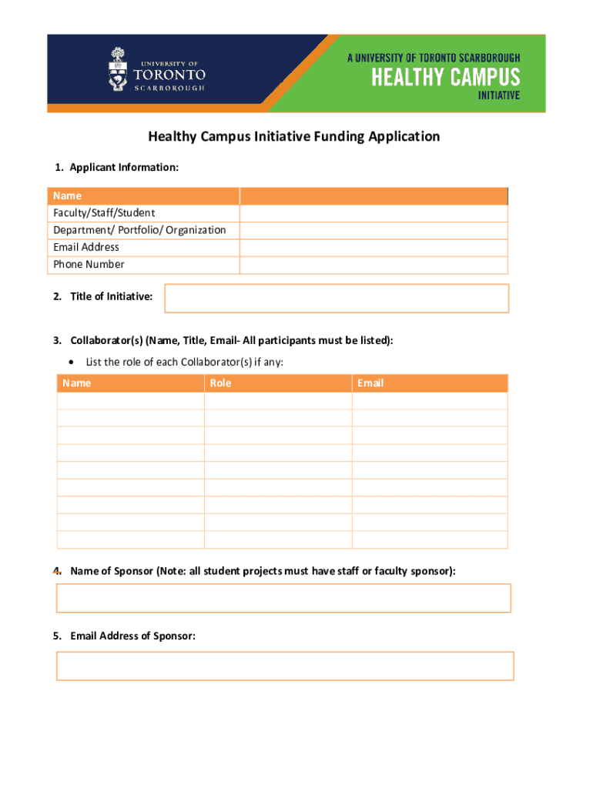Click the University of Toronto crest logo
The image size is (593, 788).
117,69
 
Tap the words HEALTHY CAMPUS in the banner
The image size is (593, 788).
446,78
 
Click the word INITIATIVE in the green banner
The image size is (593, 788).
499,96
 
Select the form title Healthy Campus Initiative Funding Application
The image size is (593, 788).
294,137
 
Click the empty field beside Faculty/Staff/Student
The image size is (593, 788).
374,213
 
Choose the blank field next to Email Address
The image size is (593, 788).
374,248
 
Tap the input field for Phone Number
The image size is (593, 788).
374,265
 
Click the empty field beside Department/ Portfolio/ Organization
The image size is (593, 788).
374,230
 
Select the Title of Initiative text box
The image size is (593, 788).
337,298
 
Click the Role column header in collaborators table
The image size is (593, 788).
221,383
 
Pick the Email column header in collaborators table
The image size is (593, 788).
370,383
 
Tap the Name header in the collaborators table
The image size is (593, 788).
76,383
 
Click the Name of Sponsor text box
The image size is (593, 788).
283,598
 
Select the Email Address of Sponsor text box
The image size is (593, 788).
285,666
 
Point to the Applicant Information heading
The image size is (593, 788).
123,167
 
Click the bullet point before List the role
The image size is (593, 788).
72,362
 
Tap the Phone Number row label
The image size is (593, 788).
89,265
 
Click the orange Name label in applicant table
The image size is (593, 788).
67,195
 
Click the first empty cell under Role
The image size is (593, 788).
278,401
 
